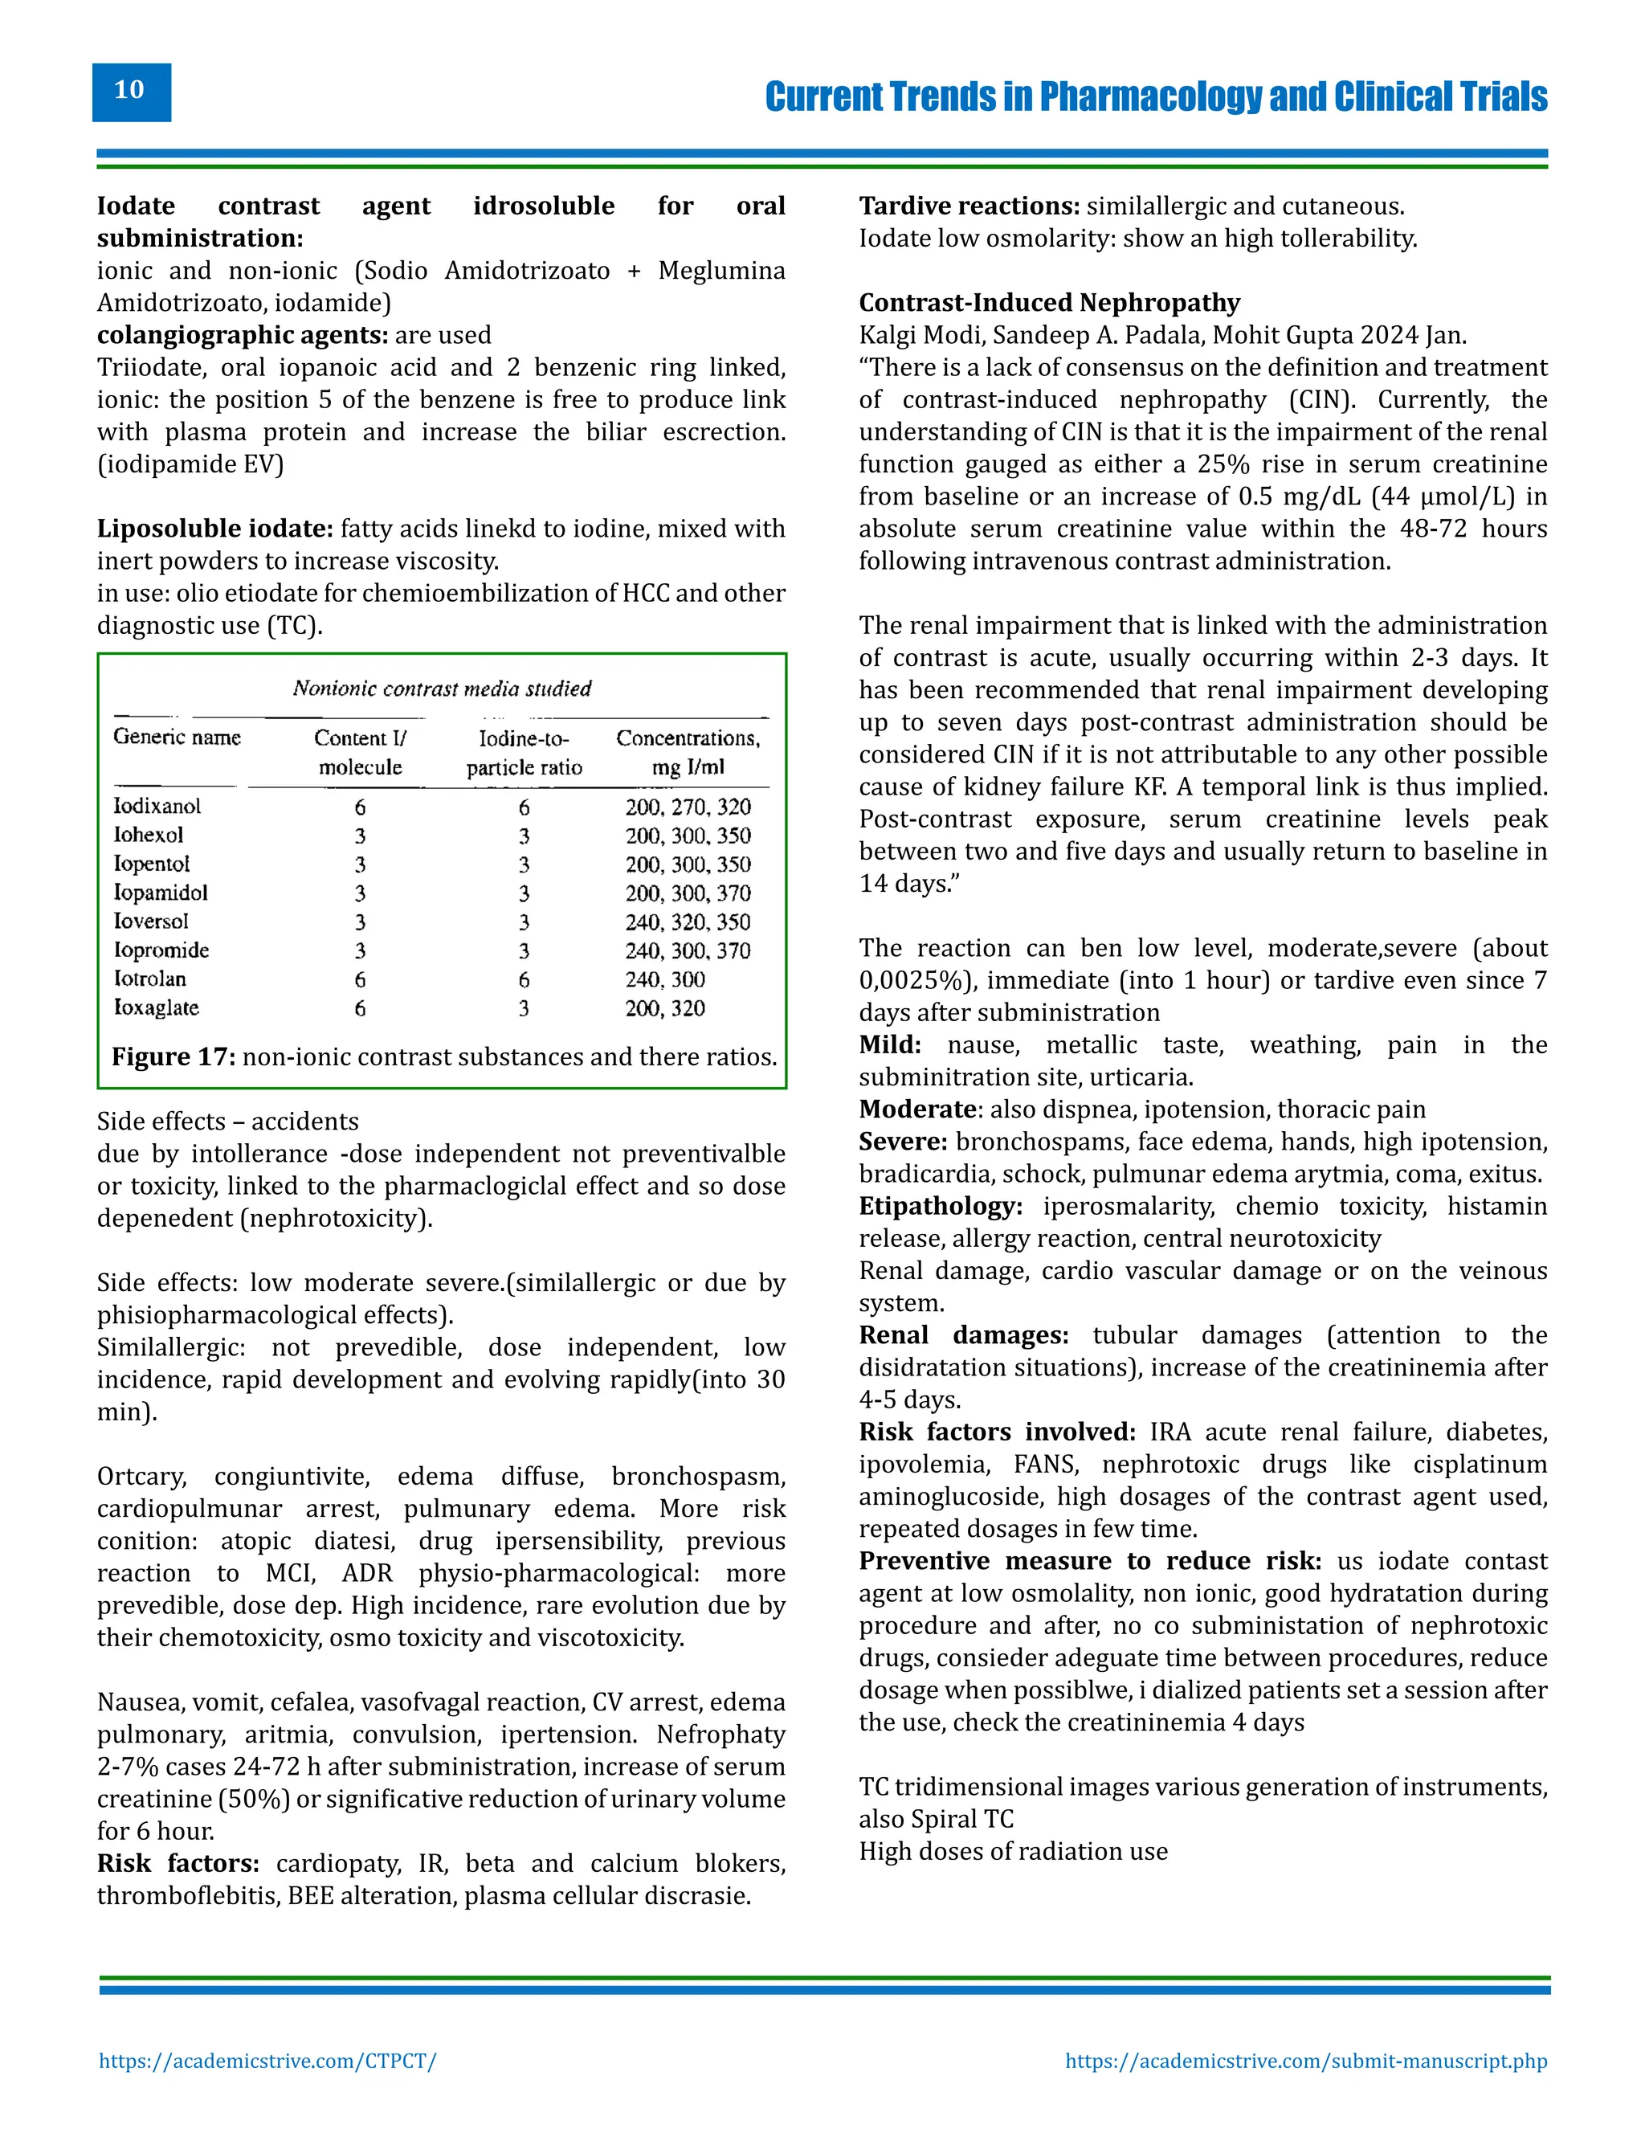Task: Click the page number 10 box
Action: point(131,92)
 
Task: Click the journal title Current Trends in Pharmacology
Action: point(1156,96)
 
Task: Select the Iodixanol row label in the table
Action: point(157,806)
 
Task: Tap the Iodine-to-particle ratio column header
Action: point(525,753)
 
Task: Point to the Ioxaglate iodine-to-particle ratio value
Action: point(525,1008)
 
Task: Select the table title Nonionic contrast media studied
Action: point(442,689)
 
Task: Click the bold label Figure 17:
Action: point(173,1056)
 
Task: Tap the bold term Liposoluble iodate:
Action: point(215,529)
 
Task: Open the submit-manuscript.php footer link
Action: point(1305,2061)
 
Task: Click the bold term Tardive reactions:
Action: point(969,206)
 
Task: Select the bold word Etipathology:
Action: point(940,1206)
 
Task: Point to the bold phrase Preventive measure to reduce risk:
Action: point(1089,1561)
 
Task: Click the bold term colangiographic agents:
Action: point(242,335)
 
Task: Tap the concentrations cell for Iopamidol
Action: point(688,893)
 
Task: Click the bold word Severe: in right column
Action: point(902,1142)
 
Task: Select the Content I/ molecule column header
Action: point(360,753)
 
